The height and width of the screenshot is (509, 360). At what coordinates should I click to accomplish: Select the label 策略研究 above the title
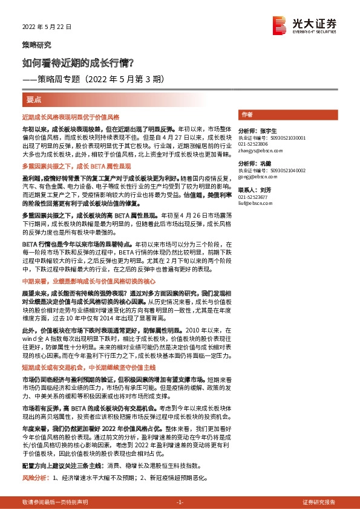37,45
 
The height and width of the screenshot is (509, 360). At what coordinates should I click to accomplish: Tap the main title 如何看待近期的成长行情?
78,62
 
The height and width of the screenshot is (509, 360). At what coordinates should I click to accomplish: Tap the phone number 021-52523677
254,197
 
